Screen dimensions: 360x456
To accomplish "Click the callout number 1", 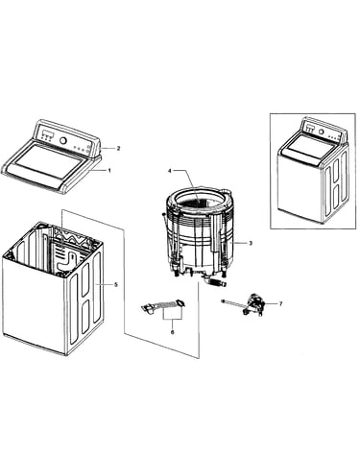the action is pos(109,171).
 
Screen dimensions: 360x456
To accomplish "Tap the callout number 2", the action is pos(118,148).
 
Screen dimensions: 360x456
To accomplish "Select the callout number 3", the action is pos(251,243).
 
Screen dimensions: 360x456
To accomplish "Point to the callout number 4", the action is pos(170,171).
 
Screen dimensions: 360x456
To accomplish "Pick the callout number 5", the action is pos(116,284).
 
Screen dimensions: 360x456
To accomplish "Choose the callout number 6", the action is pos(173,332).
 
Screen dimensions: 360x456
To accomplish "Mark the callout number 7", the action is pos(280,303).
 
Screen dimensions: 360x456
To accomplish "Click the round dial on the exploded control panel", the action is pos(63,141).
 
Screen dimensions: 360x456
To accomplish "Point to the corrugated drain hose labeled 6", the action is pos(163,305).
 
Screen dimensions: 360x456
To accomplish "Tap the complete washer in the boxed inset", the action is pos(313,170).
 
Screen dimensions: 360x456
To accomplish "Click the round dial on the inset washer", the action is pos(321,132).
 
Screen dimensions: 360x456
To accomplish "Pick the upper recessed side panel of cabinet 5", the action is pos(85,279).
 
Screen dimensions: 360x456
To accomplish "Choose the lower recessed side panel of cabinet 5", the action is pos(85,318).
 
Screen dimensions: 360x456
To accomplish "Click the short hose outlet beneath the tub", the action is pos(215,283).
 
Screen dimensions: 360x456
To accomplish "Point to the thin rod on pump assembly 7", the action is pos(232,304).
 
